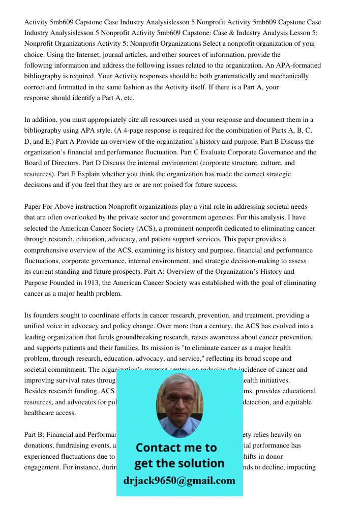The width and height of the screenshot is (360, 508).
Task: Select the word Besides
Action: (x=37, y=392)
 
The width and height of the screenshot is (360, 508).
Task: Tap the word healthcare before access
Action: (x=43, y=413)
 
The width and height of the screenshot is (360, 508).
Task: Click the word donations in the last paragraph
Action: (x=40, y=446)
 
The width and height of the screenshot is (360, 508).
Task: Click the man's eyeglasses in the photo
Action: (x=179, y=399)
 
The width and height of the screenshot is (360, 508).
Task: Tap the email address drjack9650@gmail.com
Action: (x=179, y=481)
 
